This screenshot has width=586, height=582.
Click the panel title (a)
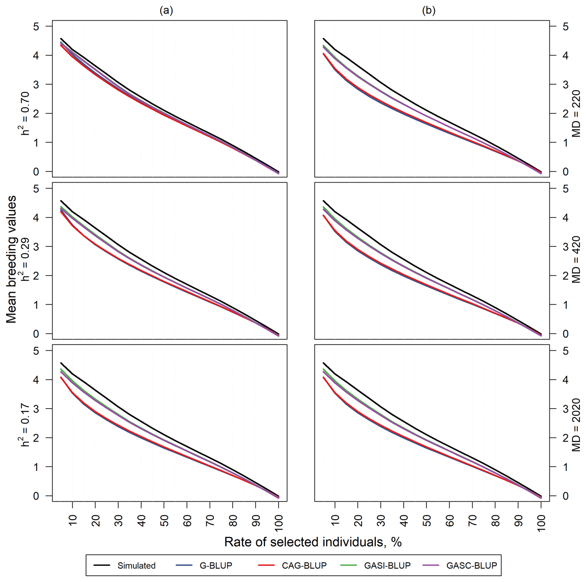tap(166, 11)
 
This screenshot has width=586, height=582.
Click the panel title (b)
tap(428, 11)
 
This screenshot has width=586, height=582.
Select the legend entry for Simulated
tap(136, 566)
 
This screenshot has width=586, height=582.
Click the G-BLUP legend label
tap(216, 566)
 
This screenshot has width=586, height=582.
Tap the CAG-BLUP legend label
tap(304, 566)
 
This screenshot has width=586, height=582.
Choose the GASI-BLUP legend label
tap(387, 566)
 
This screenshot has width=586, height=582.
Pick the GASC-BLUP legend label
tap(471, 566)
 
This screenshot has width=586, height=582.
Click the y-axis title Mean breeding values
tap(11, 259)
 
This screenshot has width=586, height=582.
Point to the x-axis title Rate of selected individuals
tap(313, 542)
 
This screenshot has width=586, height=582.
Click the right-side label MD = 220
tap(576, 114)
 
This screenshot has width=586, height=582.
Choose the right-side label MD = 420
tap(576, 259)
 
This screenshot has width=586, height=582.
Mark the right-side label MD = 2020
tap(576, 425)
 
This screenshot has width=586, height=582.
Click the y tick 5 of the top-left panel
tap(36, 26)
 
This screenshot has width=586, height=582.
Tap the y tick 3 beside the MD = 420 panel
tap(566, 247)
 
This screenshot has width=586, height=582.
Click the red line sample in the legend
tap(266, 566)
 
